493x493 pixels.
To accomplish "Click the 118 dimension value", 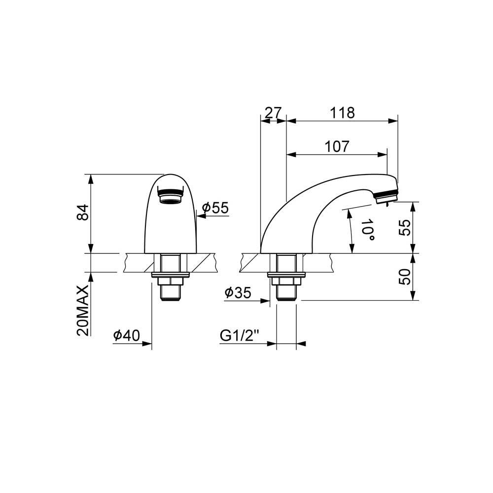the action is tap(342, 113).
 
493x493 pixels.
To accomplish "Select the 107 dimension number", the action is tap(337, 146).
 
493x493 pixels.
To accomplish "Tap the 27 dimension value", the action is tap(273, 113).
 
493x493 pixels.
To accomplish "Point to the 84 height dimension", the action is tap(83, 212).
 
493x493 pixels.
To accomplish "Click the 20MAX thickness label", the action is tap(83, 311).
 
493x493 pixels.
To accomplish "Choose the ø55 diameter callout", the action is tap(215, 208).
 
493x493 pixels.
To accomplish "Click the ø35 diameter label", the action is tap(238, 293).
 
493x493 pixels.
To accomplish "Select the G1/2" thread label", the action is tap(239, 336).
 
